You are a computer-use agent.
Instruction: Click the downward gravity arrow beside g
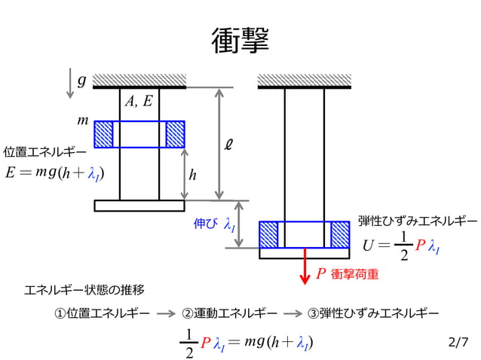coord(70,83)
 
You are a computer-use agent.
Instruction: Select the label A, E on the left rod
coord(139,102)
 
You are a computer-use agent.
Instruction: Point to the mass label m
coord(83,121)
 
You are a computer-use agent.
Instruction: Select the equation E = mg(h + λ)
coord(54,173)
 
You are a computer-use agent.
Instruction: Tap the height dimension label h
coord(193,175)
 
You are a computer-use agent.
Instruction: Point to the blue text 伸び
coord(206,224)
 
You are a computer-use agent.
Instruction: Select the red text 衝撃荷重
coord(354,275)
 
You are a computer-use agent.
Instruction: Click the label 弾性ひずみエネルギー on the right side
coord(417,221)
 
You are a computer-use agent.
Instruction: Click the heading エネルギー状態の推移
coord(84,289)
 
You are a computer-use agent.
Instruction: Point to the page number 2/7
coord(458,343)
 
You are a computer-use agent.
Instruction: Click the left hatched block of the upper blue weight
coord(103,134)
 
